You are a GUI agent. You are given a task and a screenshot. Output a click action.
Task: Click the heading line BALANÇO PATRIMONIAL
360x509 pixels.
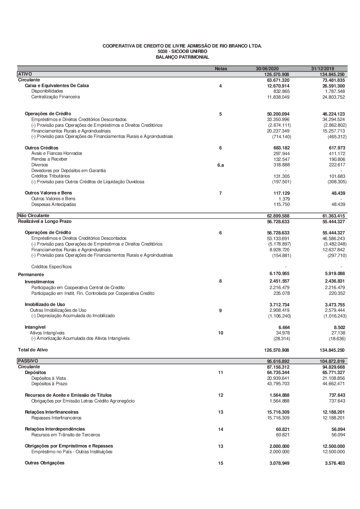point(182,57)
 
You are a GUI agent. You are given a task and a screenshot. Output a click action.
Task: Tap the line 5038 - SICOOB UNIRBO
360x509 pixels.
point(182,52)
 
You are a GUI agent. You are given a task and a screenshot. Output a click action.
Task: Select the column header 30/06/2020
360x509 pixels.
point(267,69)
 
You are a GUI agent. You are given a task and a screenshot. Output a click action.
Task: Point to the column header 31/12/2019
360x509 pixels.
point(323,69)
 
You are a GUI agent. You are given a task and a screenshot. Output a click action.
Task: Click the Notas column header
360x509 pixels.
point(221,69)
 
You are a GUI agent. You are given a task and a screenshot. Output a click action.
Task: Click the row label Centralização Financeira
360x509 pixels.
point(55,97)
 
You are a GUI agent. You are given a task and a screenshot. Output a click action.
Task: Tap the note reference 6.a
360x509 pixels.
point(221,165)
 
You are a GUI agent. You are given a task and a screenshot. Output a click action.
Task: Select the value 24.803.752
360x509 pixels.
point(333,97)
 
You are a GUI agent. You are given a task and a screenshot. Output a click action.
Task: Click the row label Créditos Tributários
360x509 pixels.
point(50,176)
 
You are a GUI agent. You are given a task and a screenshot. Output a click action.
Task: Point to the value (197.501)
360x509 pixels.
point(282,182)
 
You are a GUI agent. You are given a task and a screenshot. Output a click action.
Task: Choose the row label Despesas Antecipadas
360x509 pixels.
point(54,204)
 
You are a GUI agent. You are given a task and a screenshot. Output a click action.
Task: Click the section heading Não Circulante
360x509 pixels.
point(33,216)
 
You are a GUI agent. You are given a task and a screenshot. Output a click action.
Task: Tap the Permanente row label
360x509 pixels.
point(31,275)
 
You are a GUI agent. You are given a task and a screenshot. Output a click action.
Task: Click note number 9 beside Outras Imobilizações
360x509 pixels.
point(220,310)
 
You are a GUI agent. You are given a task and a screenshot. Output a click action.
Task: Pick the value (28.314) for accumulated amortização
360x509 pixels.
point(282,339)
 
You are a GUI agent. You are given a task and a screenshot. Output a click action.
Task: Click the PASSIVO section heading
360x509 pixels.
point(28,361)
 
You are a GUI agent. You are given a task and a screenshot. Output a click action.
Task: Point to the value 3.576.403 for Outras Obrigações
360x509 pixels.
point(334,463)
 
